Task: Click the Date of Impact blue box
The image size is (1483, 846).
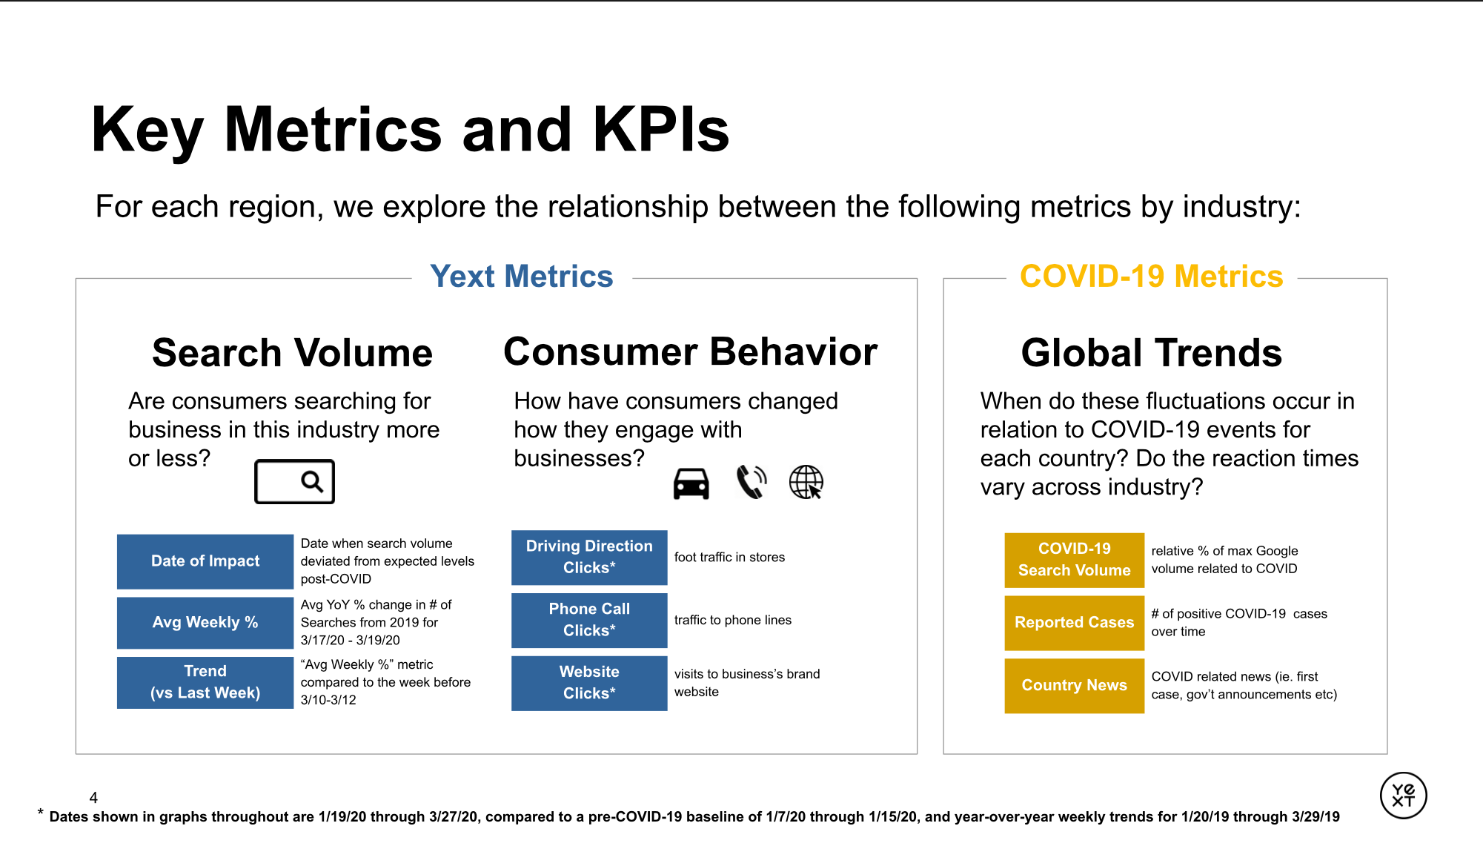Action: [x=205, y=561]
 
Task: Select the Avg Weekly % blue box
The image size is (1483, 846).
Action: [x=205, y=623]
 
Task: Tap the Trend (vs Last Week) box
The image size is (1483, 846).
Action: [x=205, y=682]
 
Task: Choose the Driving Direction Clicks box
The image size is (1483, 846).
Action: [x=589, y=557]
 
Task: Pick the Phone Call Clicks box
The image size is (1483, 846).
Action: [x=589, y=620]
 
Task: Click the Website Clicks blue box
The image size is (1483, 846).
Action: [x=589, y=683]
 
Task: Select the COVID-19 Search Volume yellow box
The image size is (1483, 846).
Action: [x=1074, y=560]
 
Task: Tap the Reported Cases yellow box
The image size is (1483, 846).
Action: [x=1074, y=623]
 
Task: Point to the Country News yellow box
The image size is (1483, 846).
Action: [x=1074, y=686]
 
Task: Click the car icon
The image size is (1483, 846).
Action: [x=691, y=483]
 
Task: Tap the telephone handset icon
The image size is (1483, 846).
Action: [x=752, y=482]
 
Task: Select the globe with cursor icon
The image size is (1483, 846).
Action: [x=806, y=482]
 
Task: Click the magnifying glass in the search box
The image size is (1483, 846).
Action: [x=312, y=482]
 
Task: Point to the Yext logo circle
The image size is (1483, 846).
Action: [x=1403, y=796]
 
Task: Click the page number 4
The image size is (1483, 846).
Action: [x=93, y=798]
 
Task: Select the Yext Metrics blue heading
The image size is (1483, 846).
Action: [x=522, y=277]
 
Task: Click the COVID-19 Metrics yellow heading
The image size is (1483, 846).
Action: [x=1151, y=277]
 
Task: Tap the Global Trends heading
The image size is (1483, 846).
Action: [x=1151, y=353]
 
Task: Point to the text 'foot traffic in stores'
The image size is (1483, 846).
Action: [x=729, y=558]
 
